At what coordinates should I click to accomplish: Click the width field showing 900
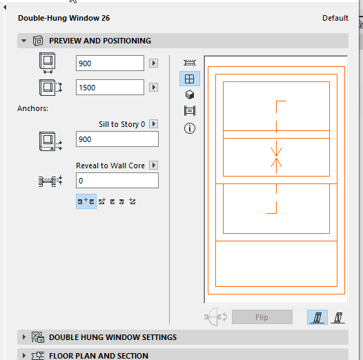click(x=110, y=63)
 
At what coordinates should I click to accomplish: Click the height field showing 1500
click(x=110, y=88)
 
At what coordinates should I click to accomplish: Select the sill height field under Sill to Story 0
click(x=117, y=139)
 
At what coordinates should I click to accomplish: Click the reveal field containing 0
click(x=117, y=181)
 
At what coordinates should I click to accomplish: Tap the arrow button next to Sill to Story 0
click(x=153, y=123)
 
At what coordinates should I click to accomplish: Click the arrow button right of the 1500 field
click(x=153, y=88)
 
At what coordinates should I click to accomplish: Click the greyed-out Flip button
click(x=262, y=317)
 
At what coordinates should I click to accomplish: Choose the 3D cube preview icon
click(x=190, y=94)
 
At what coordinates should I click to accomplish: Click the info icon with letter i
click(x=190, y=128)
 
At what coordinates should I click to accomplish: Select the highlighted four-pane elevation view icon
click(x=190, y=79)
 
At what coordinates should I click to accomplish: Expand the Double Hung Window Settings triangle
click(x=24, y=337)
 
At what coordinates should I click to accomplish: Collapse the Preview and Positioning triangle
click(x=23, y=41)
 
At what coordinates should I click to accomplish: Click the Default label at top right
click(x=335, y=18)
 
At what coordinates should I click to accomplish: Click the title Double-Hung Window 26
click(x=64, y=18)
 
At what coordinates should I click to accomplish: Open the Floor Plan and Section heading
click(x=99, y=356)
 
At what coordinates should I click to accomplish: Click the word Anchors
click(x=32, y=108)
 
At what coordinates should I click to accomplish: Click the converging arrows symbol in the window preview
click(x=276, y=157)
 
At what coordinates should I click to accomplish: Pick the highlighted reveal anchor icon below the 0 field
click(x=86, y=201)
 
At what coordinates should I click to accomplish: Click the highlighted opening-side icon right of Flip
click(x=317, y=317)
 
